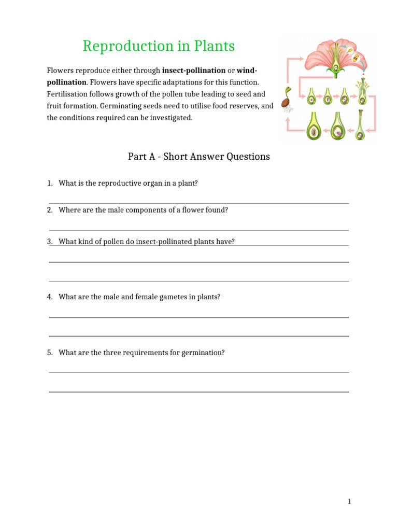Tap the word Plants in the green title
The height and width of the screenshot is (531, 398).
(x=210, y=46)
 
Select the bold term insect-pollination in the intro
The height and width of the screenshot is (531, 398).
(x=193, y=70)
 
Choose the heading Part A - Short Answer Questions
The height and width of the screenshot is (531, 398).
(x=199, y=157)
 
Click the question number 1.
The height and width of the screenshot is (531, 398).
(x=49, y=183)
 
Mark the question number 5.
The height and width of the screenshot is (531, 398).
(x=49, y=353)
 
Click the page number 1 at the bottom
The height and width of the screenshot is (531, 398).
(x=349, y=501)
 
